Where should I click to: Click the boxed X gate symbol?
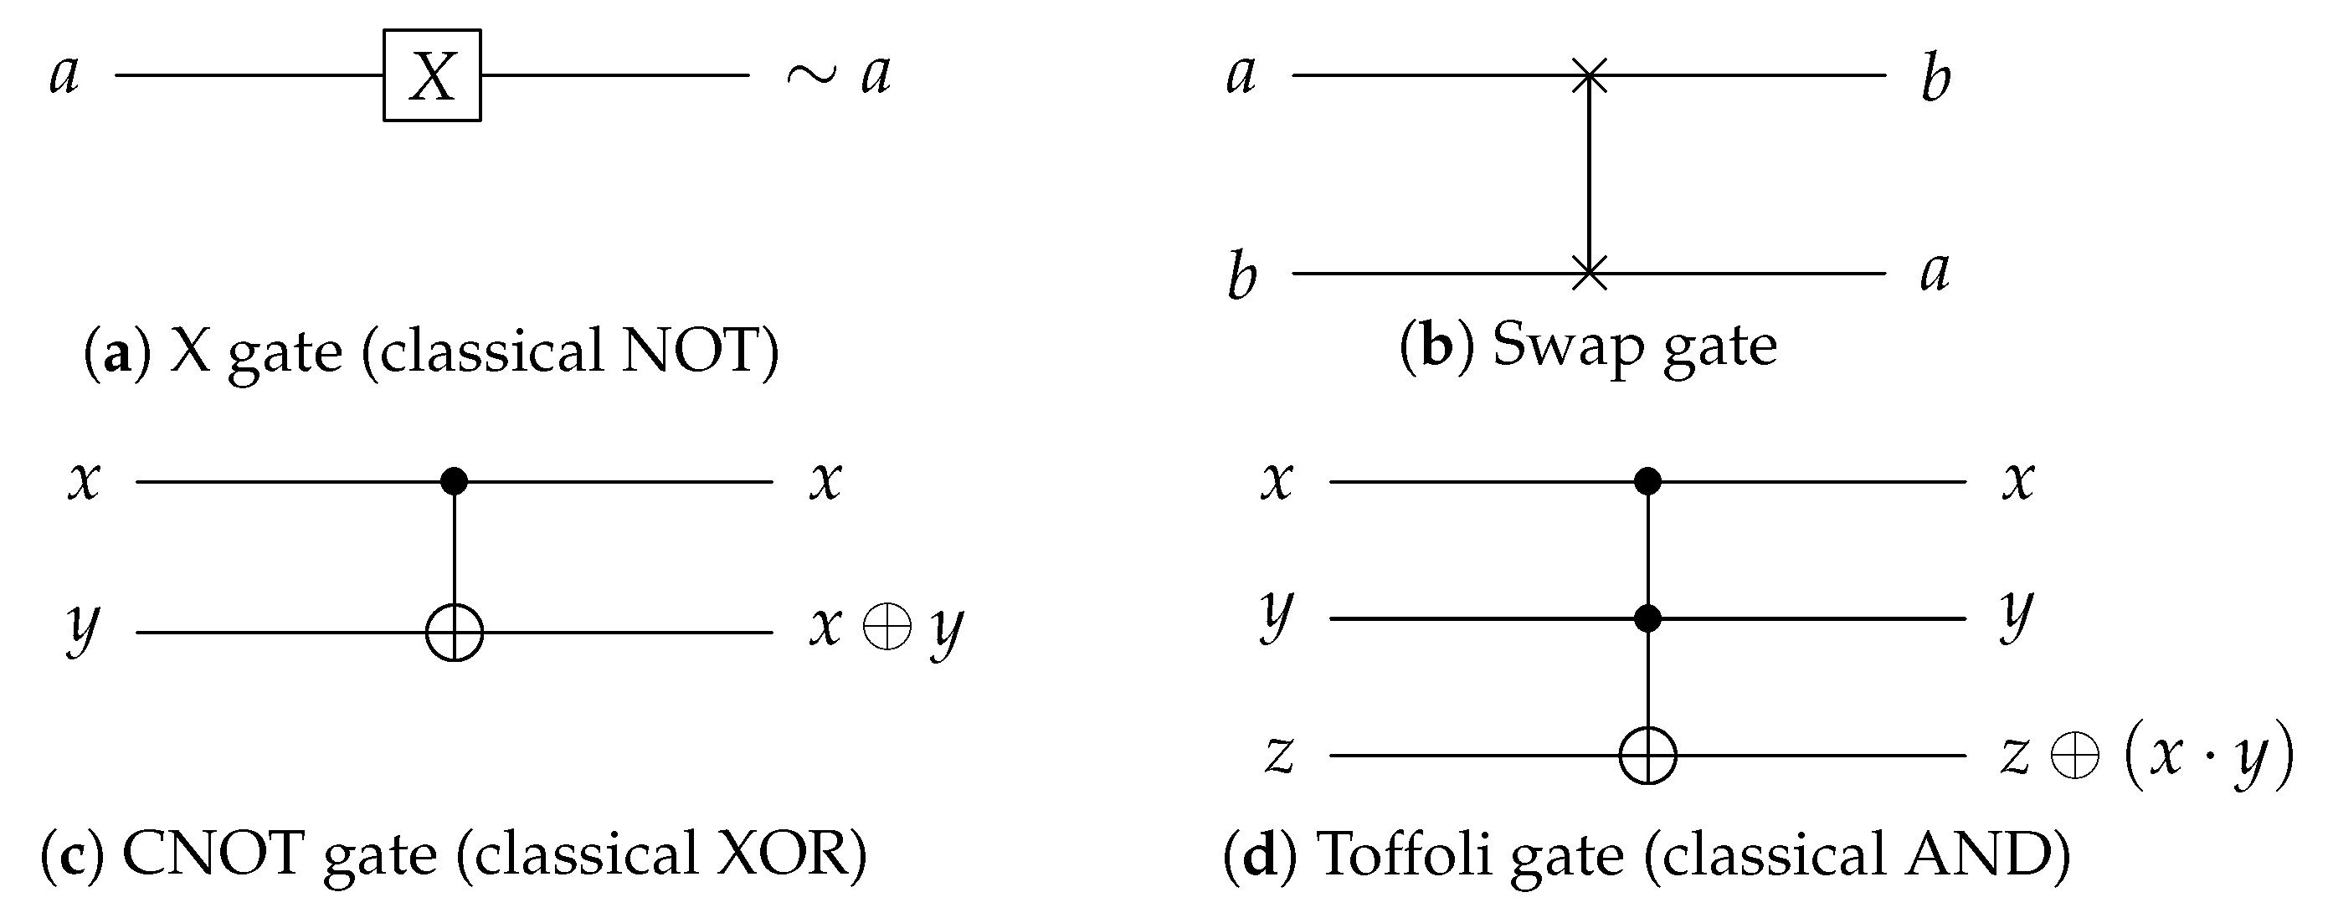click(x=432, y=75)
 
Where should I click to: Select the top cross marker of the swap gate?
click(x=1590, y=74)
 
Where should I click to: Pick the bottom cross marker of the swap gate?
click(x=1590, y=273)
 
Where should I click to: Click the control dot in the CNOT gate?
click(x=454, y=481)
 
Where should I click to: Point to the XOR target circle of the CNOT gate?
click(x=455, y=633)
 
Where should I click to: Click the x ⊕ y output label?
click(x=886, y=628)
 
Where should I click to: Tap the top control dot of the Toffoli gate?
click(x=1647, y=481)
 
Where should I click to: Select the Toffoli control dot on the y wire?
click(x=1647, y=618)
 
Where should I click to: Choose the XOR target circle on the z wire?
click(x=1647, y=755)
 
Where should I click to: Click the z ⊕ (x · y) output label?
click(x=2146, y=755)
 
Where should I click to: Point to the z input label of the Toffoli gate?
click(x=1279, y=755)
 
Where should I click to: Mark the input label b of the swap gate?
click(x=1241, y=275)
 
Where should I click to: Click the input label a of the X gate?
click(x=64, y=75)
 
